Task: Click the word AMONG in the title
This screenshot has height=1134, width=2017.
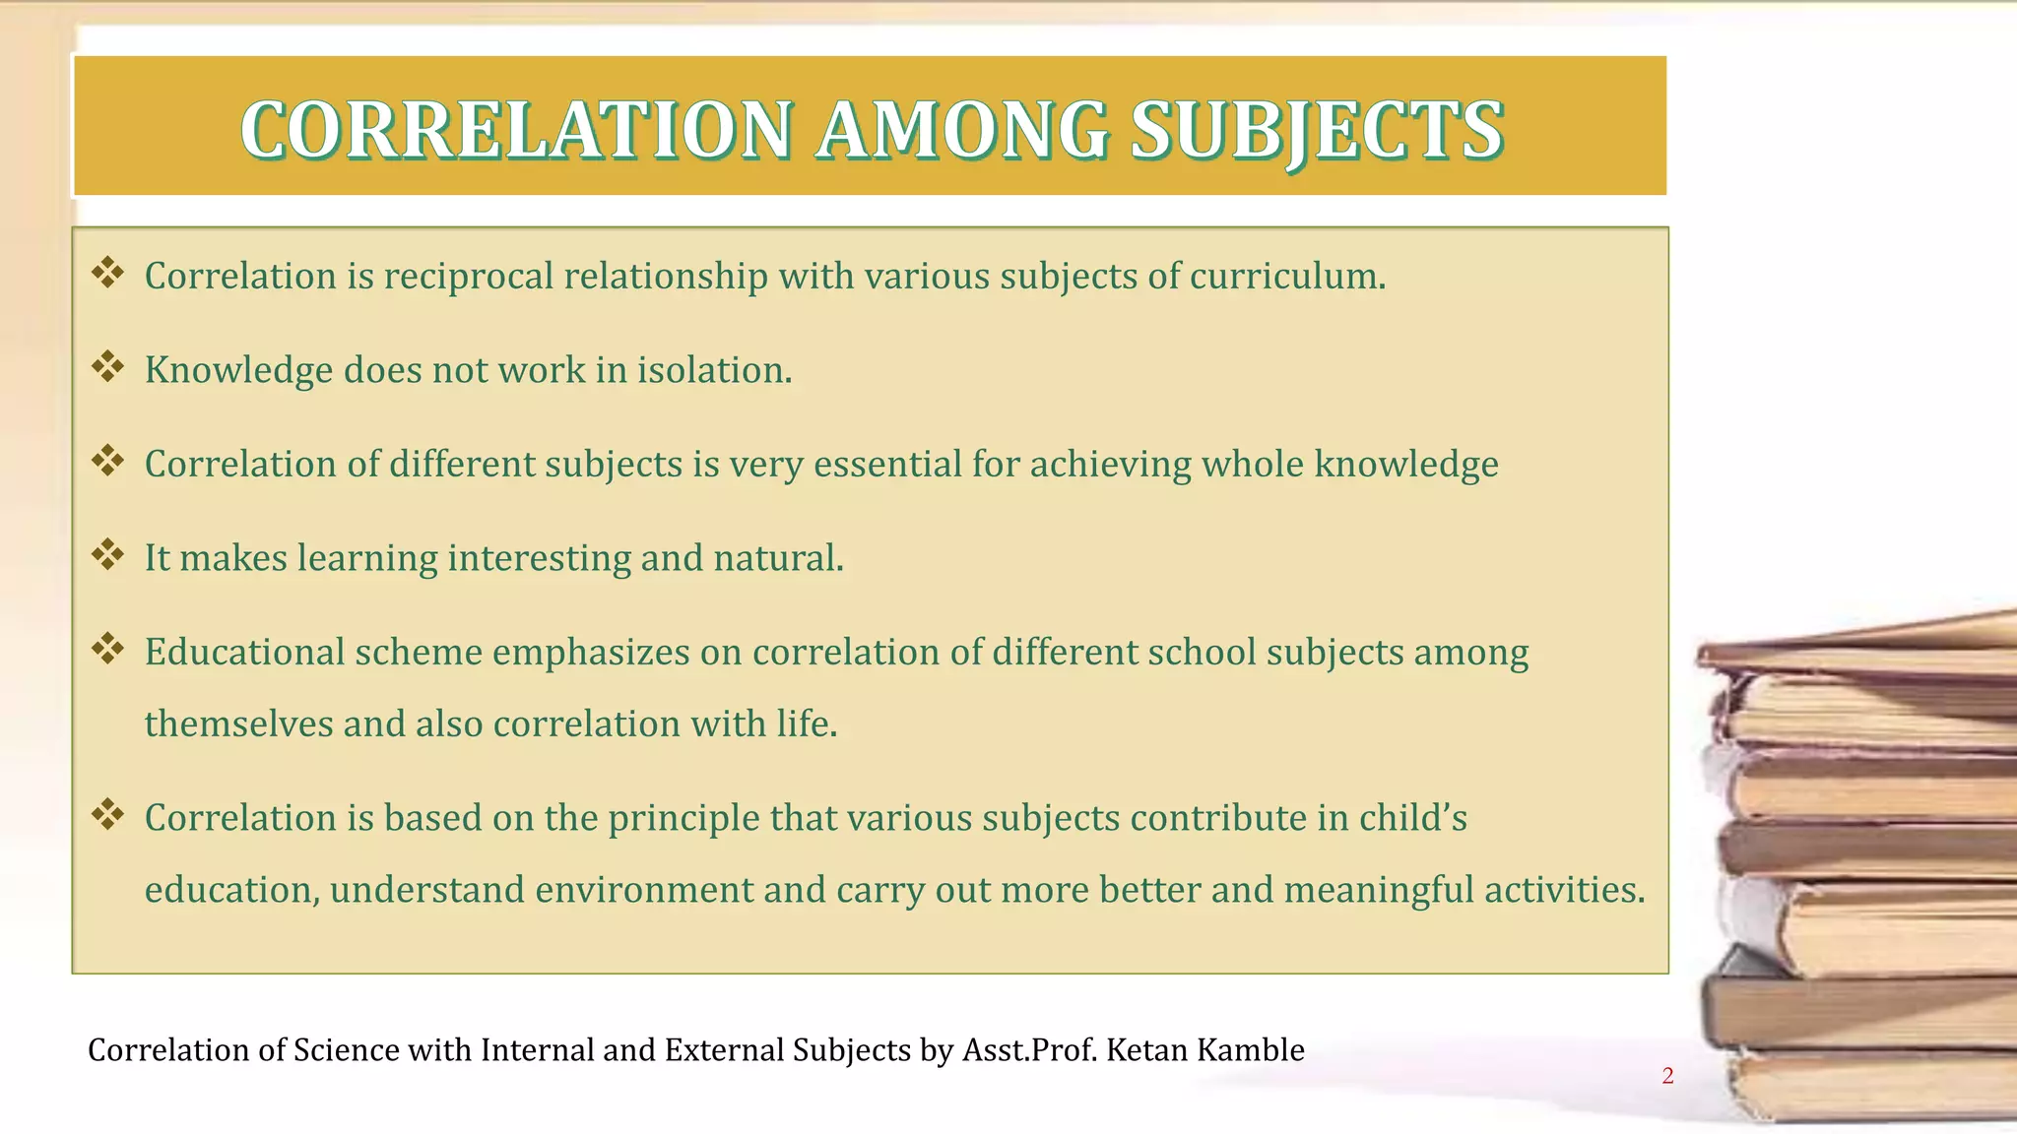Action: click(x=962, y=130)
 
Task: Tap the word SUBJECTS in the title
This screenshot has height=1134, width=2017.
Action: click(x=1317, y=130)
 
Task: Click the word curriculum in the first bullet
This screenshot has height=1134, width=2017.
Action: click(x=1286, y=277)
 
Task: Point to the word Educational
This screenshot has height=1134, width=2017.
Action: click(x=244, y=652)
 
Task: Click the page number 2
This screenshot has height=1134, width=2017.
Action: click(x=1667, y=1076)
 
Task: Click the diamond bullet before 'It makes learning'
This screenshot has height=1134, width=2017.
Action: click(x=107, y=554)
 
